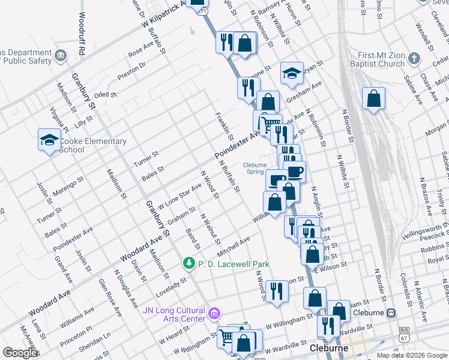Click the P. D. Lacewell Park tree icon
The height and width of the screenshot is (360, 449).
pyautogui.click(x=189, y=264)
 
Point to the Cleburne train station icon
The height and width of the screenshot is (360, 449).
pyautogui.click(x=391, y=313)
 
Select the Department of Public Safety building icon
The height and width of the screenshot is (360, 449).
pyautogui.click(x=61, y=56)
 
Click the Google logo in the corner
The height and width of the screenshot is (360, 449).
pyautogui.click(x=20, y=352)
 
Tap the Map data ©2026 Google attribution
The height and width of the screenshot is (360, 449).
pyautogui.click(x=411, y=355)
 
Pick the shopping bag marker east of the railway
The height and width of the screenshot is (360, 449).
pyautogui.click(x=373, y=99)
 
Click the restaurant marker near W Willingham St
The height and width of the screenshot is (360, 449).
pyautogui.click(x=276, y=292)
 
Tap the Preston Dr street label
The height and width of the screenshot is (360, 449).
pyautogui.click(x=131, y=71)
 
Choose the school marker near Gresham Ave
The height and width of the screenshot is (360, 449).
pyautogui.click(x=292, y=73)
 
